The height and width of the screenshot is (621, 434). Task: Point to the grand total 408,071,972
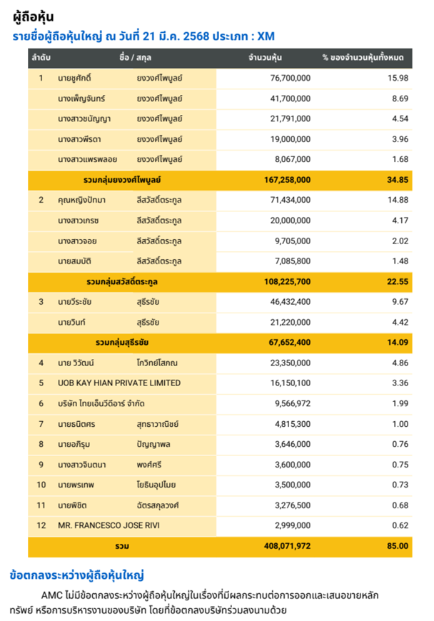[x=287, y=546]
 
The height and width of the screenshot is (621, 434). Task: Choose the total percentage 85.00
[x=398, y=546]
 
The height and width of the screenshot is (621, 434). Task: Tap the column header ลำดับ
[x=41, y=57]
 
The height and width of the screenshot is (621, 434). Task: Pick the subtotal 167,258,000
[x=287, y=180]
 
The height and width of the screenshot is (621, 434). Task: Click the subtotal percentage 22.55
[x=397, y=281]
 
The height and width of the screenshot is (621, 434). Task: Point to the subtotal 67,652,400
[x=289, y=343]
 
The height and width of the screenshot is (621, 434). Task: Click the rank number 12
[x=41, y=525]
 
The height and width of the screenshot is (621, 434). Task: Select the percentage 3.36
[x=400, y=383]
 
